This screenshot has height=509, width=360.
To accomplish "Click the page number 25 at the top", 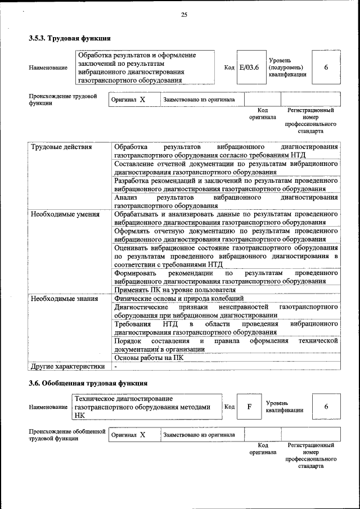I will pos(183,15).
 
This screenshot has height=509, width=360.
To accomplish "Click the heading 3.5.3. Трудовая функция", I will pos(69,39).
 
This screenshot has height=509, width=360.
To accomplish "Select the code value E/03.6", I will pos(249,67).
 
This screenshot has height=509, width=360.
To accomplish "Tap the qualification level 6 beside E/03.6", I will pos(326,67).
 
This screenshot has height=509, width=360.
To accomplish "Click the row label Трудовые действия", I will pos(54,147).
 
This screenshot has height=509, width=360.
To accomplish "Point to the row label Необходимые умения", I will pos(58,214).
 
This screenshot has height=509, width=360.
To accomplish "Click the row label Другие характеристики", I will pos(67,366).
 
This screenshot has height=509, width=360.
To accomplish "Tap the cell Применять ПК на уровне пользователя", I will pos(166,290).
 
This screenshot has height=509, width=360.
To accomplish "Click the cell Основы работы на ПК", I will pos(148,357).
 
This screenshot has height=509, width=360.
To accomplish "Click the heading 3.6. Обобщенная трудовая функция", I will pos(88,384).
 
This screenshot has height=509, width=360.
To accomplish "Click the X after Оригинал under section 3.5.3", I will pos(142,100).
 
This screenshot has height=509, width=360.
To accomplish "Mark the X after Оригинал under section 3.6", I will pos(142,435).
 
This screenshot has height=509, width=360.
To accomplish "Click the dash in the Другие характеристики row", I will pos(115,367).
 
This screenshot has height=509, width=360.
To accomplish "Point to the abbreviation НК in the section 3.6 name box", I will pos(79,415).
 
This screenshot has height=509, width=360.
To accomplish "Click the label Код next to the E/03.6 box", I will pos(229,67).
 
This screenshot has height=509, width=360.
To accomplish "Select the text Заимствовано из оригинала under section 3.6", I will pos(199,435).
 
